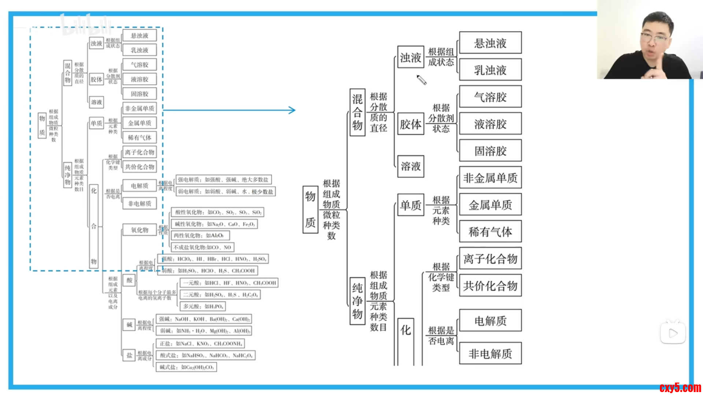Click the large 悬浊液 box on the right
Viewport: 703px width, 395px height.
pyautogui.click(x=490, y=43)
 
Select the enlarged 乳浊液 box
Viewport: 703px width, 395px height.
pyautogui.click(x=490, y=70)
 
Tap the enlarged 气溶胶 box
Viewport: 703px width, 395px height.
pyautogui.click(x=490, y=97)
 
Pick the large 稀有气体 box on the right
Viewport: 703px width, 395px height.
pyautogui.click(x=490, y=232)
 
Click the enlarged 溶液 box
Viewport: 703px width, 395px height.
pyautogui.click(x=410, y=166)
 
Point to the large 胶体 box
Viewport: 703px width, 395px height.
pyautogui.click(x=410, y=124)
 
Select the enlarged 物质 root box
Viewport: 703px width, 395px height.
pyautogui.click(x=310, y=209)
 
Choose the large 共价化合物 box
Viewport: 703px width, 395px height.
pyautogui.click(x=490, y=286)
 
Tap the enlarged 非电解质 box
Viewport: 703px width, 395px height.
pyautogui.click(x=490, y=353)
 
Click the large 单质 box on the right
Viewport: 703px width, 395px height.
pyautogui.click(x=410, y=205)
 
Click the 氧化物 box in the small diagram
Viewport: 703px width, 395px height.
pyautogui.click(x=140, y=230)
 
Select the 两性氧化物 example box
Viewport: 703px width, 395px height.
pyautogui.click(x=200, y=236)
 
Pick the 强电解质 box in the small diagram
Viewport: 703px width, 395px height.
pyautogui.click(x=223, y=180)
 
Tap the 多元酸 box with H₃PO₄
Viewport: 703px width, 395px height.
pyautogui.click(x=202, y=306)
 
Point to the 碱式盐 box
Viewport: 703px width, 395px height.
pyautogui.click(x=186, y=367)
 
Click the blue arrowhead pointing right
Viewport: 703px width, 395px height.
pyautogui.click(x=292, y=110)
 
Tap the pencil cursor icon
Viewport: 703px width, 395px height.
pyautogui.click(x=421, y=80)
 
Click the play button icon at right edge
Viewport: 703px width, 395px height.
pyautogui.click(x=673, y=333)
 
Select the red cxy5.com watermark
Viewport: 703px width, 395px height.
pyautogui.click(x=680, y=388)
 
